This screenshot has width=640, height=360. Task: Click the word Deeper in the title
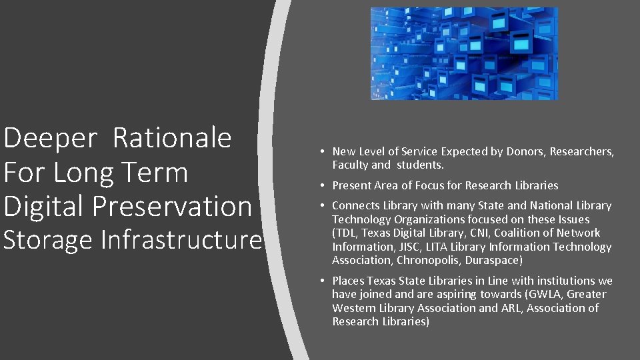pyautogui.click(x=50, y=139)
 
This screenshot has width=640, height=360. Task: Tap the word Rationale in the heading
pyautogui.click(x=172, y=138)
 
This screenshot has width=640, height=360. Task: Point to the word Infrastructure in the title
pyautogui.click(x=181, y=240)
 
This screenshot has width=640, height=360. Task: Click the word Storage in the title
pyautogui.click(x=48, y=240)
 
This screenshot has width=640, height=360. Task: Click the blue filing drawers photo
pyautogui.click(x=463, y=53)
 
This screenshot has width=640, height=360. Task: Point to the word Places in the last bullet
pyautogui.click(x=348, y=281)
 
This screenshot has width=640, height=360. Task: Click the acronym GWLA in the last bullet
pyautogui.click(x=543, y=294)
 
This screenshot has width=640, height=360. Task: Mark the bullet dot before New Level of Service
pyautogui.click(x=321, y=152)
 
